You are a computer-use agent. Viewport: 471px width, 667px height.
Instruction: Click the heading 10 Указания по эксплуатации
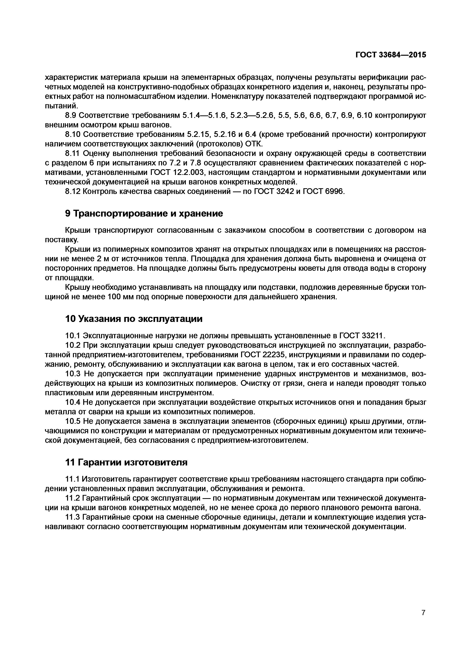coord(134,319)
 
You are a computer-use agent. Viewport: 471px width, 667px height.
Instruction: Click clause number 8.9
coord(70,116)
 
